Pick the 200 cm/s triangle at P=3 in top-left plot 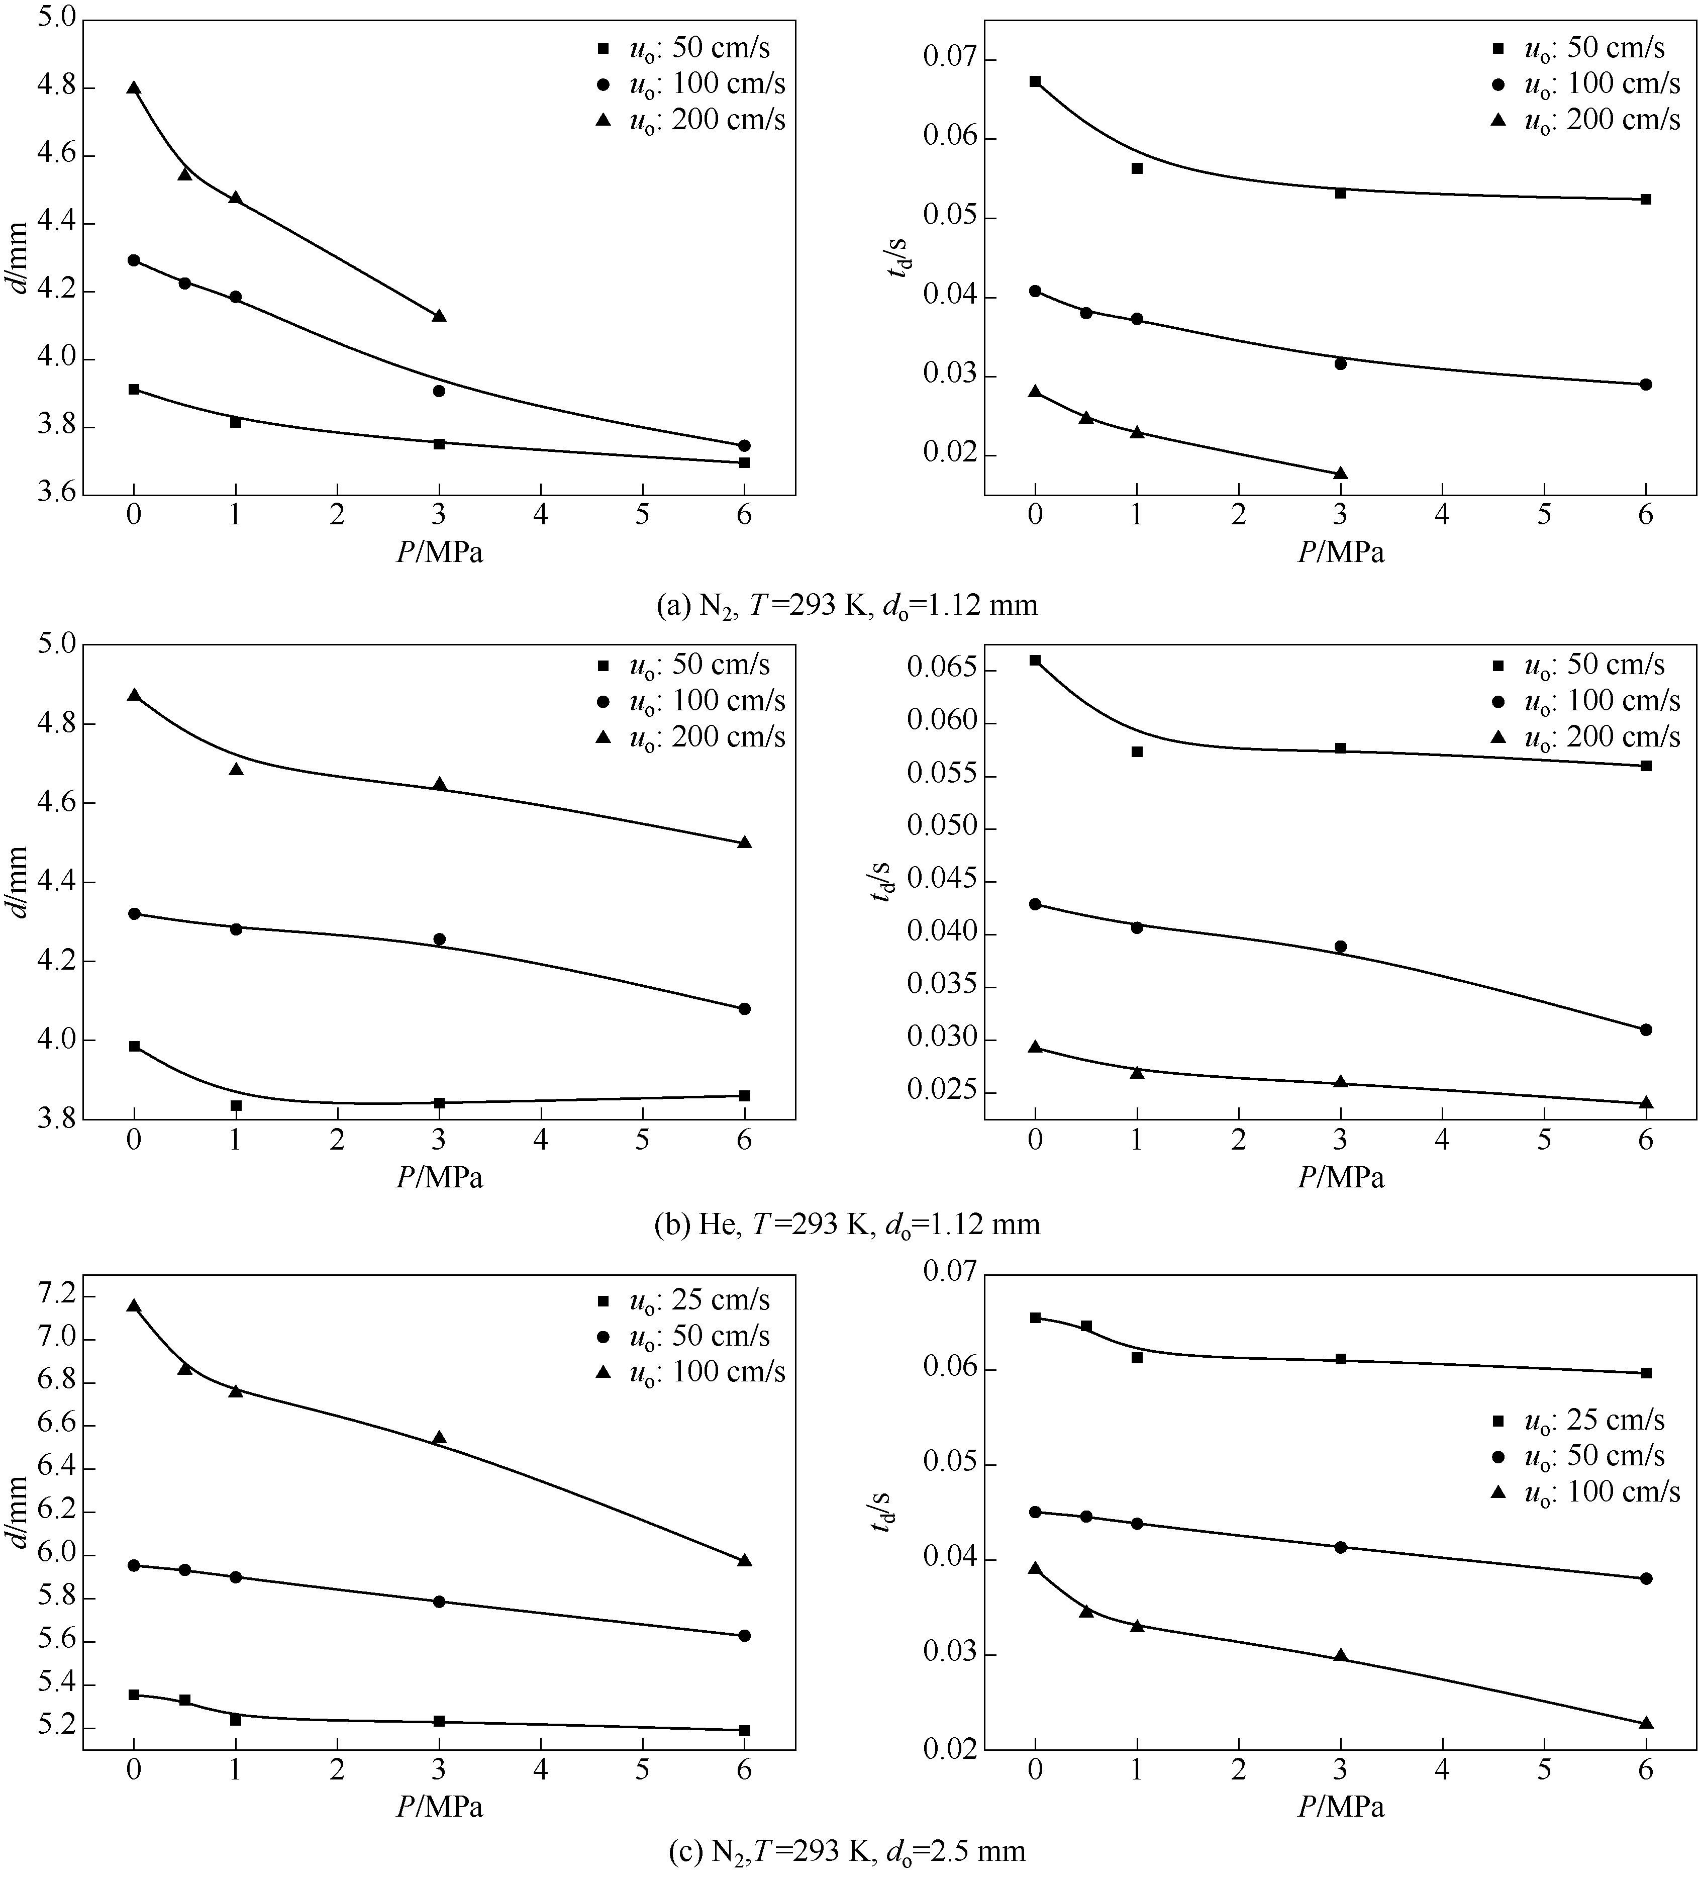[439, 316]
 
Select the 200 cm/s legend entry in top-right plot [1587, 120]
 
